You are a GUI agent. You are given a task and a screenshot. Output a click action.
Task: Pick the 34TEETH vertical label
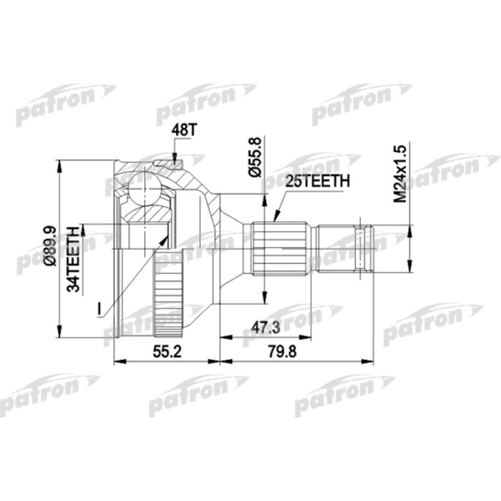(73, 258)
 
